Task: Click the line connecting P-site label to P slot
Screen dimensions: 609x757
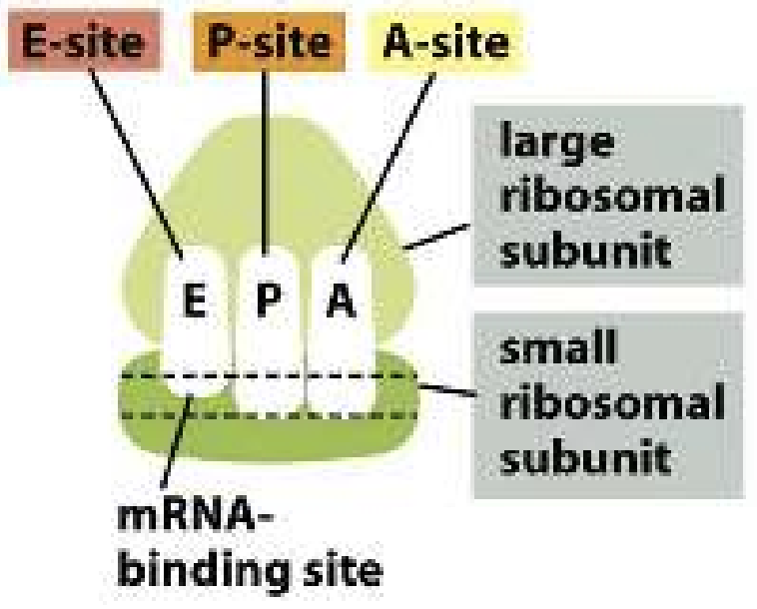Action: (x=265, y=170)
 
